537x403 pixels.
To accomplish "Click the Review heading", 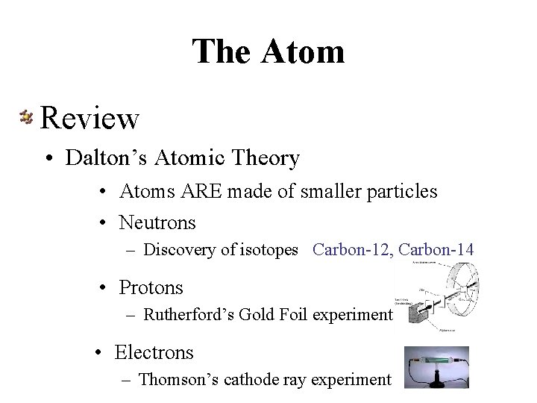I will tap(89, 117).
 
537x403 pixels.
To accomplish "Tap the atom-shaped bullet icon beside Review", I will tap(25, 116).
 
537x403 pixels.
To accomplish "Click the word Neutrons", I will tap(157, 222).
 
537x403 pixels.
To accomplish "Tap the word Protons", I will tap(151, 287).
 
